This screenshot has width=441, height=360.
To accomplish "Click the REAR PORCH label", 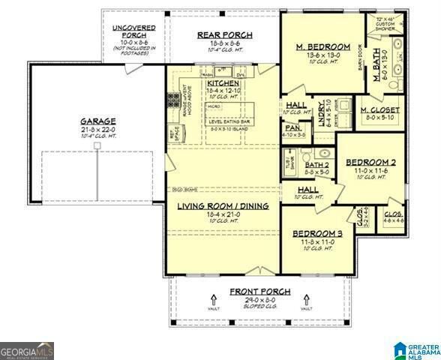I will (224, 35).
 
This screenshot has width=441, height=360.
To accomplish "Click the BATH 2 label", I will (316, 165).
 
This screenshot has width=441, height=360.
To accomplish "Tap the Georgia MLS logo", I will (27, 350).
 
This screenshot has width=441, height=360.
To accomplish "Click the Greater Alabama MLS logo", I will (418, 349).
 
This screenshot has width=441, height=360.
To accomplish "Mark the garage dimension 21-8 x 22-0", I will (99, 129).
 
